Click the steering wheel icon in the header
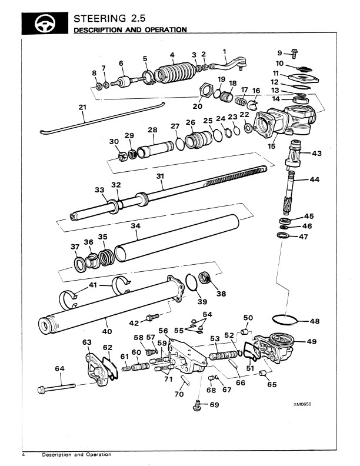(45, 24)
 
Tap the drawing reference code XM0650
(302, 404)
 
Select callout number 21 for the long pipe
(82, 107)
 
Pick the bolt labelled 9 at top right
(294, 54)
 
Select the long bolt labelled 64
(56, 388)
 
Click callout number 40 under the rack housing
(107, 331)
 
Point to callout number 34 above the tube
(135, 226)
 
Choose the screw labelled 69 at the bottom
(197, 405)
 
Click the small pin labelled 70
(186, 380)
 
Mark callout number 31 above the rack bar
(160, 177)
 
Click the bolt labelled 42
(153, 317)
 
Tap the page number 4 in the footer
(24, 455)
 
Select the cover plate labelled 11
(303, 78)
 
